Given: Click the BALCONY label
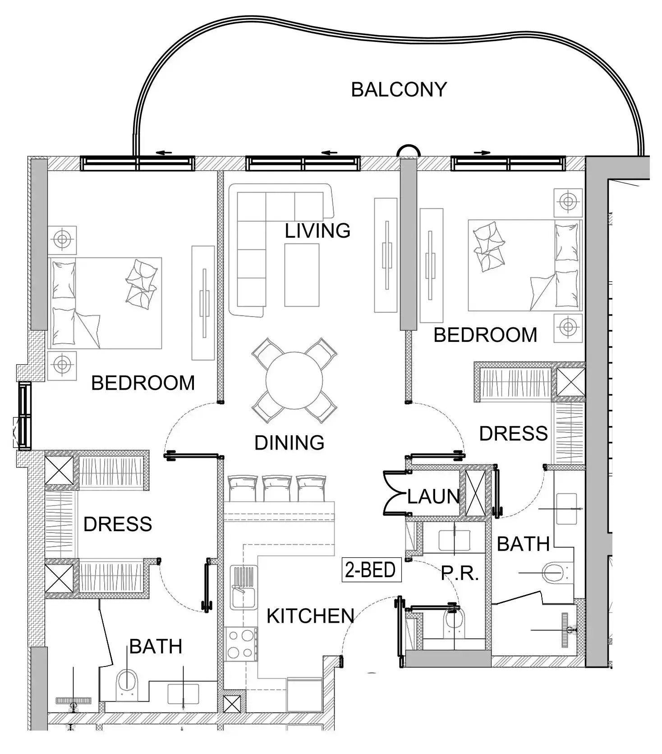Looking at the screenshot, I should point(399,90).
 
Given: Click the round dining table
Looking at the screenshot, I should point(294,380).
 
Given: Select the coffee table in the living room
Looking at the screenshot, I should point(302,275).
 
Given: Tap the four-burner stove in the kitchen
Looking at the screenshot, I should point(240,644).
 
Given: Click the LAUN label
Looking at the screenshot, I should point(433,497).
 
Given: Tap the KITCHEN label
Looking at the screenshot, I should point(310,616).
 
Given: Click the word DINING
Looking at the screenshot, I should point(289,443).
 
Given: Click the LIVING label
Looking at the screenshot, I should point(317,231).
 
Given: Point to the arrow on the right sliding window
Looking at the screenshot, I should point(482,153).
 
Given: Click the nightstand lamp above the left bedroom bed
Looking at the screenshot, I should point(62,239).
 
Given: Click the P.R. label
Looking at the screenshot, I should point(460,573).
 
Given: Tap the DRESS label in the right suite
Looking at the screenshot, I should point(513,433).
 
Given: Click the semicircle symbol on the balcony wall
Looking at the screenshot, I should point(408,151).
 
